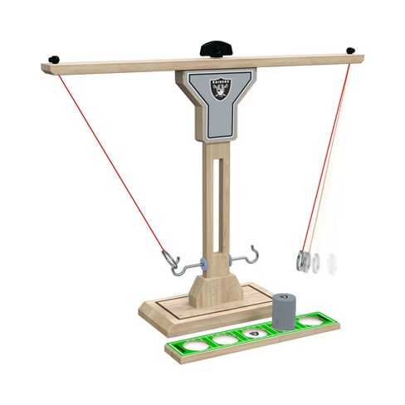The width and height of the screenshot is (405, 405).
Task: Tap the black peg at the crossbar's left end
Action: pos(54,59)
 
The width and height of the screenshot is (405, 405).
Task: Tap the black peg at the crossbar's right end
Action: pos(350,51)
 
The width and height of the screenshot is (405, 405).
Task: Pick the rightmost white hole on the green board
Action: pos(312,320)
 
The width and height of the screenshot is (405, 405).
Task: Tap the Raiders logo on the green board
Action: pos(255,332)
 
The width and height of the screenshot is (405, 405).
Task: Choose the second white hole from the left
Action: pos(226,337)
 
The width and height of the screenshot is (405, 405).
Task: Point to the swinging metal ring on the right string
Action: pos(304,261)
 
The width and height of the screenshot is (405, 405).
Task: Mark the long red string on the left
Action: pos(108,158)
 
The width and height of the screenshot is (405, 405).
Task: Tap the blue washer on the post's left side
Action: pos(203,264)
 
